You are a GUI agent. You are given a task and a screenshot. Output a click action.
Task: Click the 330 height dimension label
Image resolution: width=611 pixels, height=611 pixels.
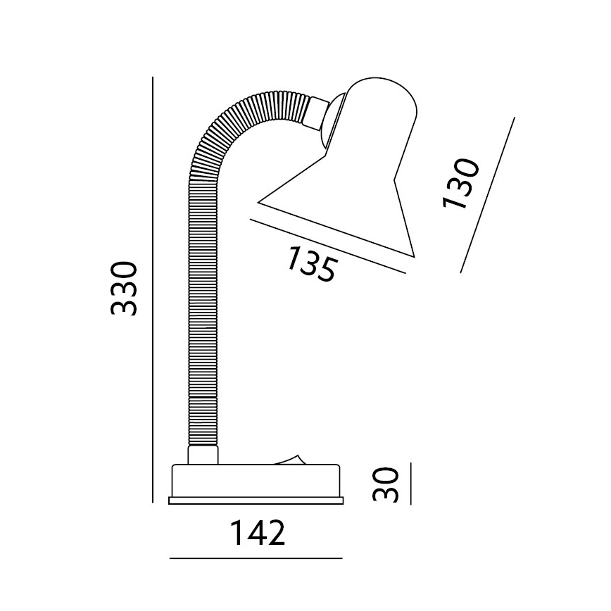(x=125, y=289)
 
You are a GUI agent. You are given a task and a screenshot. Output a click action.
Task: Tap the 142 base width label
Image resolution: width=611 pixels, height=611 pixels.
(x=258, y=533)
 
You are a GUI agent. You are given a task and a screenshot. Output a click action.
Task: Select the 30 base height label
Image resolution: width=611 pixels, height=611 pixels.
(x=386, y=484)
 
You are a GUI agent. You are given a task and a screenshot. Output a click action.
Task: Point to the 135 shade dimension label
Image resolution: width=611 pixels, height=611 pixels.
(x=311, y=263)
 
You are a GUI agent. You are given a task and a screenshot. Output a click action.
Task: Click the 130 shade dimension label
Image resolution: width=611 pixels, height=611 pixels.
(x=460, y=184)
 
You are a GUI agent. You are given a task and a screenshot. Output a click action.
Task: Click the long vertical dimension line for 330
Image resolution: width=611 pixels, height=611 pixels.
(x=152, y=289)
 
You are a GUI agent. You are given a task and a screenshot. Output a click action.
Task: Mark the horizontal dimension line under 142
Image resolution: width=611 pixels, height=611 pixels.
(x=256, y=558)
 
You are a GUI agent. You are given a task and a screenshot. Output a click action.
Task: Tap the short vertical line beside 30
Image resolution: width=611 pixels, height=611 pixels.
(x=410, y=483)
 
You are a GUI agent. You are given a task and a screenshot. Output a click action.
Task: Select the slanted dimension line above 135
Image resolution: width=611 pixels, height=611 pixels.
(x=328, y=246)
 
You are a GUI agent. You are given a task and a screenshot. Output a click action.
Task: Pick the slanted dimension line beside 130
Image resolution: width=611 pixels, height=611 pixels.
(x=487, y=195)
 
